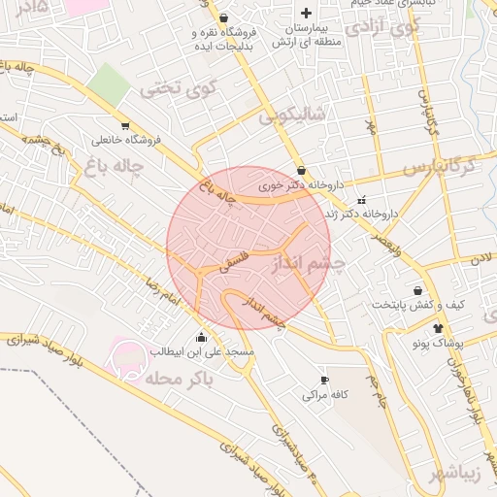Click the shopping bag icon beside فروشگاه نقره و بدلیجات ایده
click(x=224, y=17)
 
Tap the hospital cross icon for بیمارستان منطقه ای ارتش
click(x=307, y=13)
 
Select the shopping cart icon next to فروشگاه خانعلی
click(x=124, y=125)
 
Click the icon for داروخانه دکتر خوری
click(x=301, y=170)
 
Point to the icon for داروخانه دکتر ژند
click(x=361, y=200)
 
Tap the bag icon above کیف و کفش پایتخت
click(x=418, y=290)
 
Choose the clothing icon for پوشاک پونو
click(x=438, y=329)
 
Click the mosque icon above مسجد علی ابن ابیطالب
click(x=201, y=337)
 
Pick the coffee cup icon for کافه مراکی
click(x=324, y=380)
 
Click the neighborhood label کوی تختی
click(x=175, y=89)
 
